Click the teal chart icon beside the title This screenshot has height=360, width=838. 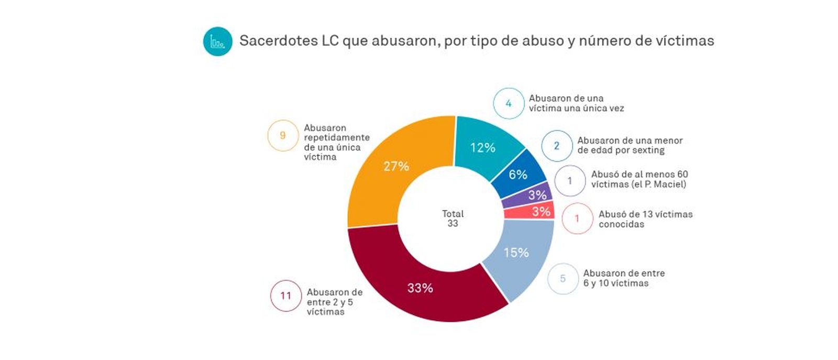pyautogui.click(x=217, y=41)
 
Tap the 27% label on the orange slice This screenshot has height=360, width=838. pyautogui.click(x=396, y=167)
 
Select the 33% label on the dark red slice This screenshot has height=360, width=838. pyautogui.click(x=420, y=288)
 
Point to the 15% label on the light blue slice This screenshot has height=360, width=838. pyautogui.click(x=516, y=253)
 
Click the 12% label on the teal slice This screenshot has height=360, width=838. pyautogui.click(x=482, y=148)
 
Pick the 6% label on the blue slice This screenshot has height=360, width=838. pyautogui.click(x=517, y=174)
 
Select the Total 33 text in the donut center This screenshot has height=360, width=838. pyautogui.click(x=453, y=219)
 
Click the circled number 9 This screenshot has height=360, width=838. pyautogui.click(x=283, y=136)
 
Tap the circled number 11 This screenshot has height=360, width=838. pyautogui.click(x=285, y=296)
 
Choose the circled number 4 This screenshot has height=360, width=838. pyautogui.click(x=508, y=103)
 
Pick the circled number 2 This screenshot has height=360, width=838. pyautogui.click(x=556, y=146)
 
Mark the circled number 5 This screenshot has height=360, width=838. pyautogui.click(x=563, y=278)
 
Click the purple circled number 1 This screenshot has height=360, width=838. pyautogui.click(x=570, y=181)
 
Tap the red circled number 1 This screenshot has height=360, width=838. pyautogui.click(x=577, y=218)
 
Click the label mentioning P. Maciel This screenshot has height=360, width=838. pyautogui.click(x=639, y=179)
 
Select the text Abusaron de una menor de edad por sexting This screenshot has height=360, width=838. pyautogui.click(x=630, y=145)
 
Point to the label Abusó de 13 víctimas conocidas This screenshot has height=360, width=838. pyautogui.click(x=645, y=219)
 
